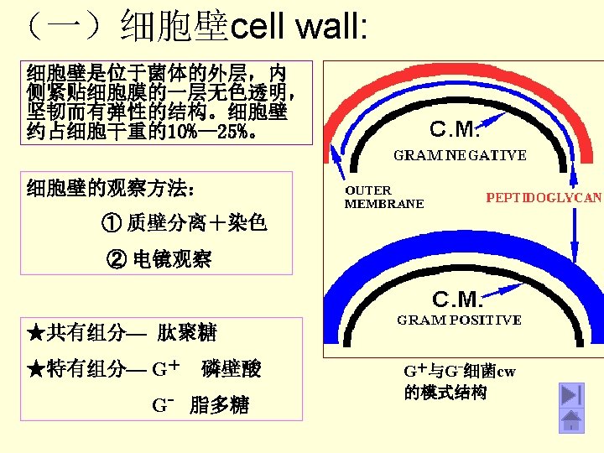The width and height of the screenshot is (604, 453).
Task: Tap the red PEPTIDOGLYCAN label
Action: click(x=544, y=198)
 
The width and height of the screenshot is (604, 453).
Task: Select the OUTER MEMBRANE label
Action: click(x=384, y=197)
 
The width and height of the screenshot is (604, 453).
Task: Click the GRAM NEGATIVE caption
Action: click(x=461, y=155)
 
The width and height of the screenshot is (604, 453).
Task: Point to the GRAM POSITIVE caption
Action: click(x=459, y=320)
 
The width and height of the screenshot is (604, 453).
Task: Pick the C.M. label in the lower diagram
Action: click(x=458, y=299)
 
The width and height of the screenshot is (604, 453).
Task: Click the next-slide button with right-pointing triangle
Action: click(x=571, y=394)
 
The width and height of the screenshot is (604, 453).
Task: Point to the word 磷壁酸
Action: click(x=232, y=369)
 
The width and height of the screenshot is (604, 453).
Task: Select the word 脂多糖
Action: click(x=220, y=406)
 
